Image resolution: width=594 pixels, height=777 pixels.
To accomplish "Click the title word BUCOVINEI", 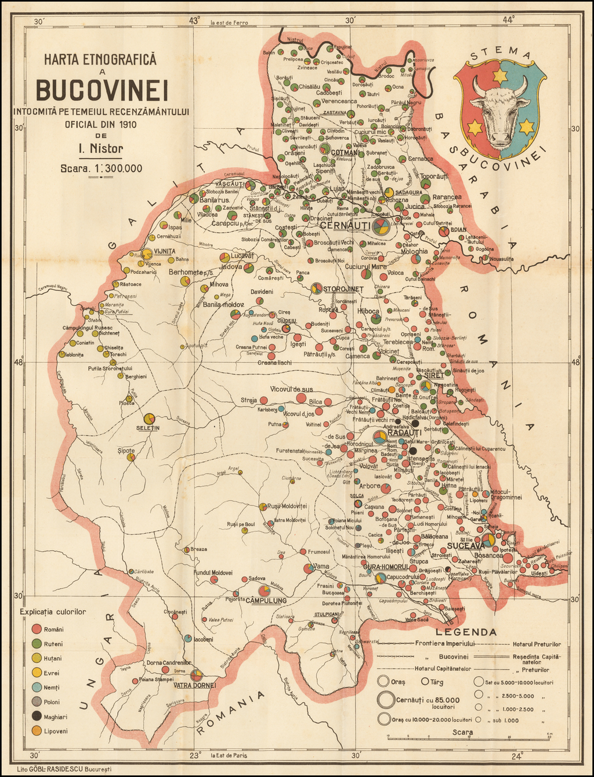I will tap(101, 90).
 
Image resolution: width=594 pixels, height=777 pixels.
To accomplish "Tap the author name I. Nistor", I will tap(101, 149).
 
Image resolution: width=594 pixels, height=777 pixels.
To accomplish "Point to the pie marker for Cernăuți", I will tap(381, 227).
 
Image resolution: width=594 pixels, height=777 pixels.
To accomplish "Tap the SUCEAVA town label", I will tap(466, 546).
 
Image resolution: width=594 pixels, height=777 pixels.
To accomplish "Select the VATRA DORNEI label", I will tap(194, 685).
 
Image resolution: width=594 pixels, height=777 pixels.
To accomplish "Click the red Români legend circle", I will tap(36, 629).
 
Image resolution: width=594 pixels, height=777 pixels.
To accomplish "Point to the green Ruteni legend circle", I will tap(36, 643).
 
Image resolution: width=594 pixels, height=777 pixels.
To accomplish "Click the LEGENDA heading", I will tap(469, 632).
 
